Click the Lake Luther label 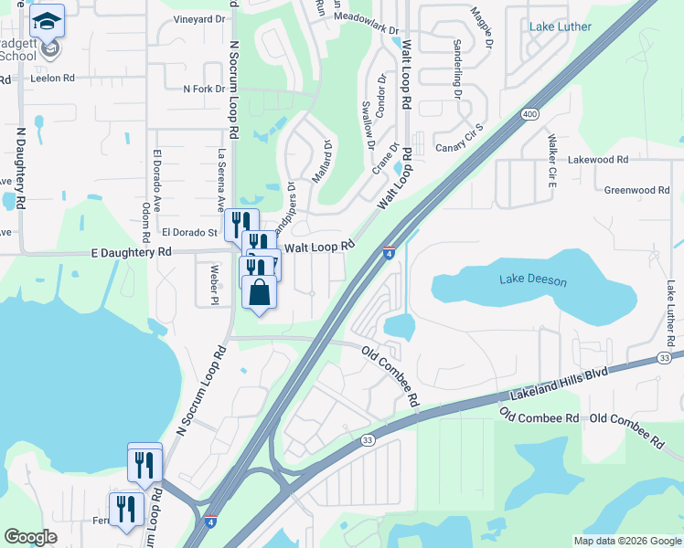[560, 26]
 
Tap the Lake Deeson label [533, 281]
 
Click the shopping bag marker [260, 293]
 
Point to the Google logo [31, 537]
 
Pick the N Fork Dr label [204, 89]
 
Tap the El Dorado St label [189, 234]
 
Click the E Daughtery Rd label [131, 252]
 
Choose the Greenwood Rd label [636, 190]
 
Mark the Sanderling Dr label [456, 68]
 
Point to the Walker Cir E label [552, 161]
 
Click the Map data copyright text [627, 541]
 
